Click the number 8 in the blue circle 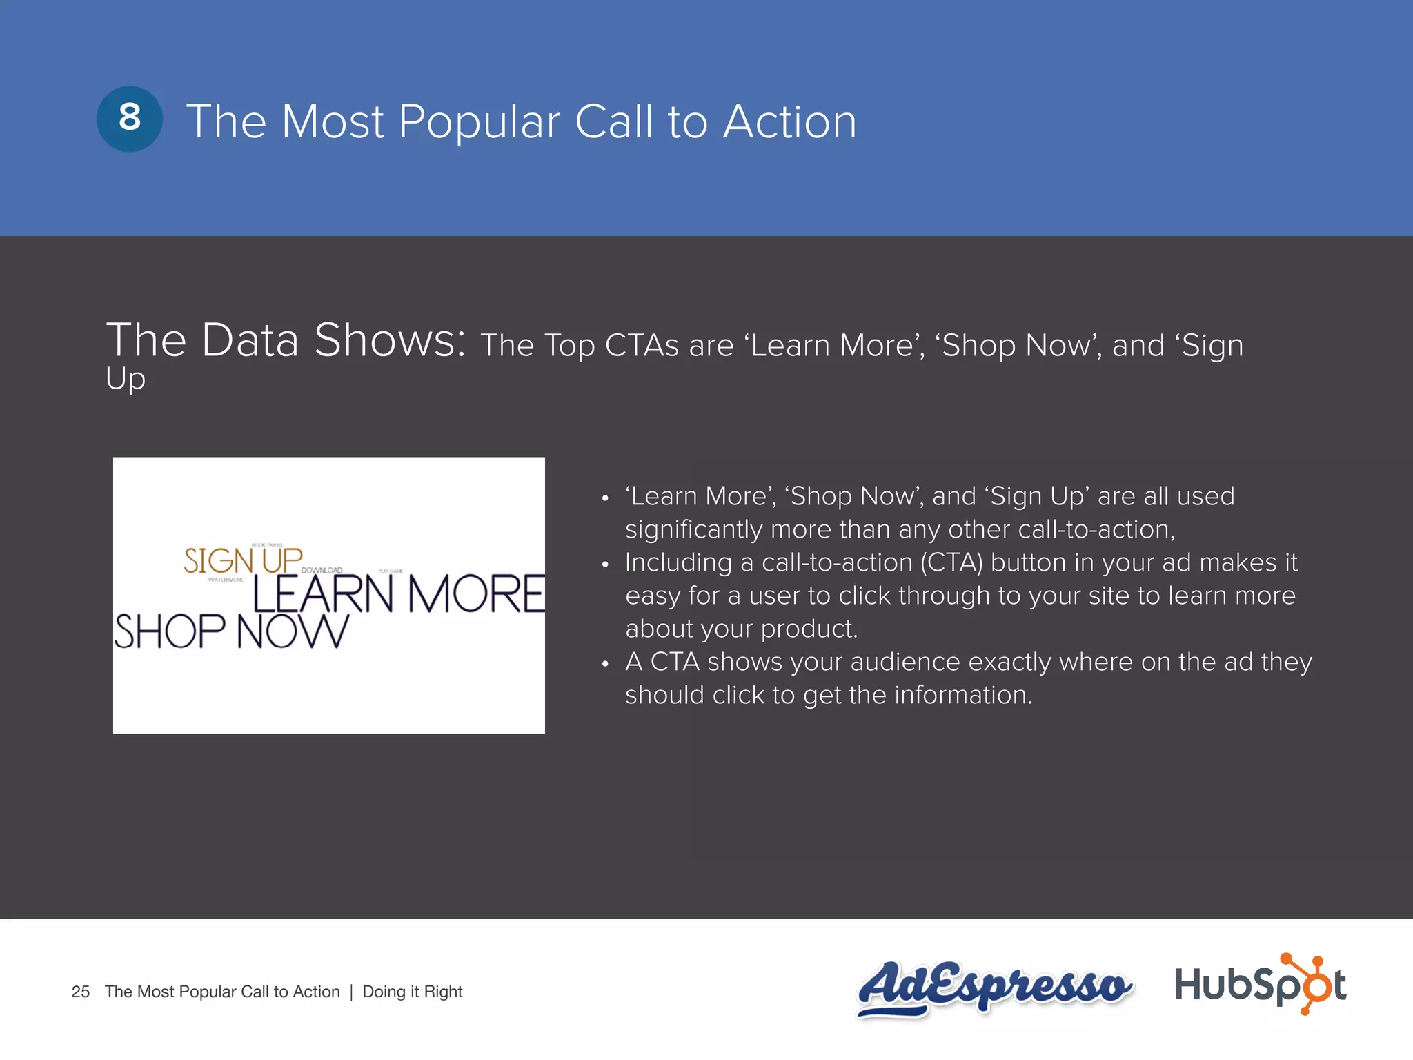click(130, 118)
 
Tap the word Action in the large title click(789, 122)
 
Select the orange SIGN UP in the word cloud click(243, 560)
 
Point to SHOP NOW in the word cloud click(231, 631)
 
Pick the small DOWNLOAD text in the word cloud click(322, 570)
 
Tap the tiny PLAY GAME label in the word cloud click(391, 571)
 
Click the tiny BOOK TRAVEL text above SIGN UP click(268, 545)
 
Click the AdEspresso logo click(994, 987)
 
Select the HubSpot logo click(1260, 984)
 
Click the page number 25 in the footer click(81, 992)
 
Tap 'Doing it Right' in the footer click(413, 992)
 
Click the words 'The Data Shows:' click(286, 341)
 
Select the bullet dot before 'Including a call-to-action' click(605, 565)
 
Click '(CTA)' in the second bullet click(951, 562)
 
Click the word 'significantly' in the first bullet click(694, 529)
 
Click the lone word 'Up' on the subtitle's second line click(126, 380)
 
